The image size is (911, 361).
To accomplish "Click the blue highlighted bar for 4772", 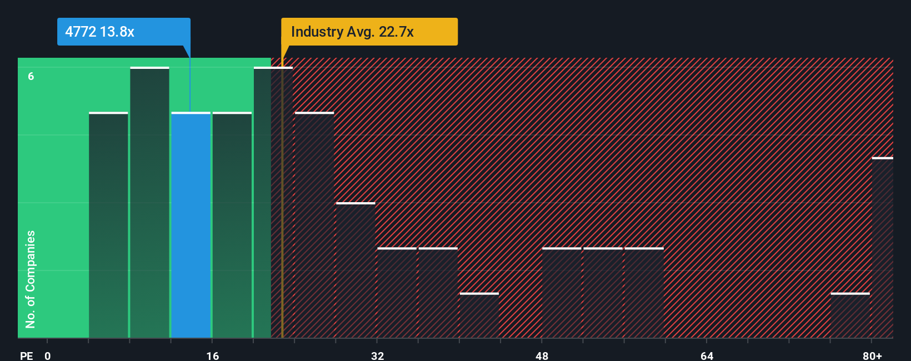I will (191, 225).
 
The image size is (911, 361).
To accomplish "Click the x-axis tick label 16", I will (213, 355).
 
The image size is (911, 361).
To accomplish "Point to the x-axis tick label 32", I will (378, 355).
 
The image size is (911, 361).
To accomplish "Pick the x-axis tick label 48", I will (542, 355).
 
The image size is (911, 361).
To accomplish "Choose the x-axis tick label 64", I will (707, 355).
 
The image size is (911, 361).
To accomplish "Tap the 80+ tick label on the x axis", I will (872, 355).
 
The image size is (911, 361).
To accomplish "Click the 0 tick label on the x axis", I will (48, 355).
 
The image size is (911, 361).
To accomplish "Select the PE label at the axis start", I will (27, 355).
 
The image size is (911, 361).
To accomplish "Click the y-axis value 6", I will (31, 76).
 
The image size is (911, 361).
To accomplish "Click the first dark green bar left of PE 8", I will (108, 225).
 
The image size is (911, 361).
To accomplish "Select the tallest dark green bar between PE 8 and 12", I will (149, 203).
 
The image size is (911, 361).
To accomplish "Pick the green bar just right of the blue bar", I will (232, 225).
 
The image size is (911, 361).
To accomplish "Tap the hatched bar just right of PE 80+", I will (882, 248).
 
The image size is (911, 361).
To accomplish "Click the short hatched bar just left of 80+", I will (850, 315).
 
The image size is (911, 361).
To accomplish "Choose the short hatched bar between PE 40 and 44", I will (479, 315).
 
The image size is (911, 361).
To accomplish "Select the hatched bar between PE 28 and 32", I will (356, 270).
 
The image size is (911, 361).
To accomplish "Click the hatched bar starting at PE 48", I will (562, 293).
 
